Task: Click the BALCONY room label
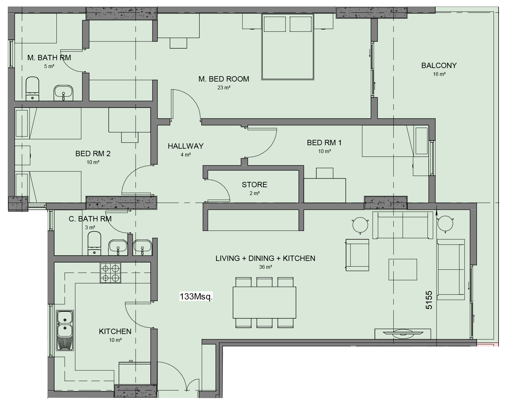click(439, 65)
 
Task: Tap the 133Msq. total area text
click(196, 296)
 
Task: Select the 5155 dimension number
click(429, 300)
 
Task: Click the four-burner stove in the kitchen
click(111, 273)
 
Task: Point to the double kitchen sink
click(65, 330)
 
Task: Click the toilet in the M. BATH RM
click(32, 89)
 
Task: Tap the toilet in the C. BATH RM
click(94, 243)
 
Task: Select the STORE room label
click(255, 184)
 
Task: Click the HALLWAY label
click(186, 146)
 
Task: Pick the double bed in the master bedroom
click(288, 47)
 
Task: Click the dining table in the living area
click(264, 303)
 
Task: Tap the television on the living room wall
click(403, 333)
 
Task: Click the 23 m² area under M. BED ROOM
click(224, 87)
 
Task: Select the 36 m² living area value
click(266, 267)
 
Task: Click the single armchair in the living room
click(357, 255)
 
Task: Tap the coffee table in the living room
click(403, 269)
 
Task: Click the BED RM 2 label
click(93, 154)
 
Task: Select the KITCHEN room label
click(115, 331)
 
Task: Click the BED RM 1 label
click(324, 142)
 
